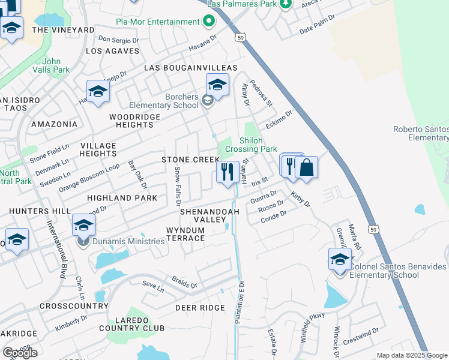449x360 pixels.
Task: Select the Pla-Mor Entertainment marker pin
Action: point(209,22)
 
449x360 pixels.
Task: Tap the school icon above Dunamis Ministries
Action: point(83,225)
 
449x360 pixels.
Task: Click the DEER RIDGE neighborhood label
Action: point(200,308)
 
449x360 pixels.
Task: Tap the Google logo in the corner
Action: point(20,352)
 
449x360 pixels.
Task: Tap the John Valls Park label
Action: point(56,65)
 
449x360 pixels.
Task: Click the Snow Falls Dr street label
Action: point(178,184)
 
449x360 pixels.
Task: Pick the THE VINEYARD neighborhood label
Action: point(63,29)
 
